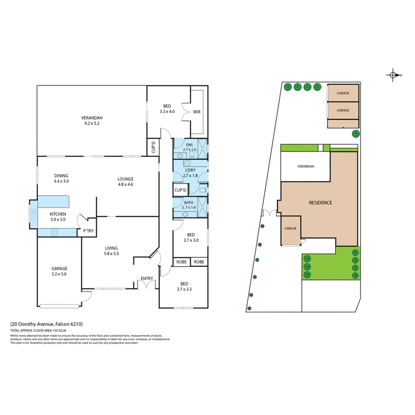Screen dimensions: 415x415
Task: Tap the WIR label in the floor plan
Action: point(197,112)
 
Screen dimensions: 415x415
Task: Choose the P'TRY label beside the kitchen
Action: point(87,231)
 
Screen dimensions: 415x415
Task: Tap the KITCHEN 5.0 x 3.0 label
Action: point(57,217)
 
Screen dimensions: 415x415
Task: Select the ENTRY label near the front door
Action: point(147,279)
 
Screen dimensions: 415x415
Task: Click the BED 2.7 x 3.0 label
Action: point(191,237)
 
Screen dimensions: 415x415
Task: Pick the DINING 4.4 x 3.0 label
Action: point(61,178)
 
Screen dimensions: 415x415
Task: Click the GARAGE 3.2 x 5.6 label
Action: point(58,271)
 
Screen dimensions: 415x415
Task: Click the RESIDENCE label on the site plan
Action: point(320,203)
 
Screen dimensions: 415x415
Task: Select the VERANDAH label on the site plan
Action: point(305,167)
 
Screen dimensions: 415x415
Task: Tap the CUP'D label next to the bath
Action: point(181,190)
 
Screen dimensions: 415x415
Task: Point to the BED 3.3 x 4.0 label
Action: point(167,108)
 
